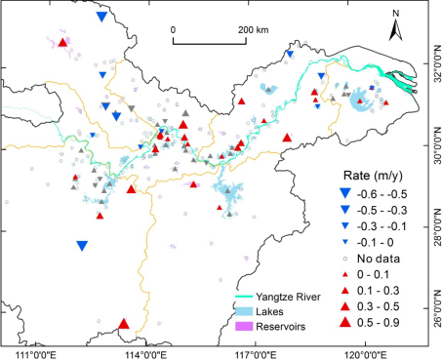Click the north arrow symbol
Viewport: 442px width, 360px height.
[x=396, y=30]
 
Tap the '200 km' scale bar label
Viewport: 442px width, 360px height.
[x=254, y=30]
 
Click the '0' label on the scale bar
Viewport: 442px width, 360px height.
[x=173, y=30]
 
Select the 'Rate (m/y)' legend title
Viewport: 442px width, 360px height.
[x=373, y=176]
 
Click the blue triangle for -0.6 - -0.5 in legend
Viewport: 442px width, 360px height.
[x=345, y=193]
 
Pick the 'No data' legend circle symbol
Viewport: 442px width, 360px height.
[x=345, y=259]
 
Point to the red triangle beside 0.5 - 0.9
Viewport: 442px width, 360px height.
[x=345, y=322]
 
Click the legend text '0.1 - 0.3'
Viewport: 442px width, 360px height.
[x=378, y=291]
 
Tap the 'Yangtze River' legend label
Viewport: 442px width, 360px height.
[x=288, y=297]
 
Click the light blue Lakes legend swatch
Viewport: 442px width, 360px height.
[x=244, y=311]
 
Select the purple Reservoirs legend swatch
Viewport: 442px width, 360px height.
[x=244, y=326]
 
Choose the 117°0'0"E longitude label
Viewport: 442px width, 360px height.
[x=257, y=354]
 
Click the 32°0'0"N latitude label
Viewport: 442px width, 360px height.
[x=437, y=63]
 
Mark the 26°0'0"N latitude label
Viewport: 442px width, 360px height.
[x=437, y=308]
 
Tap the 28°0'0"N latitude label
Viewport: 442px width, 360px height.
[x=437, y=227]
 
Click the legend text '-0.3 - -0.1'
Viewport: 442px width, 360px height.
[x=382, y=226]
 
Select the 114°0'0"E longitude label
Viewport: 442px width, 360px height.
[x=146, y=354]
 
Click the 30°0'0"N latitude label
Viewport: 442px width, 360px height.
[x=437, y=145]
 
